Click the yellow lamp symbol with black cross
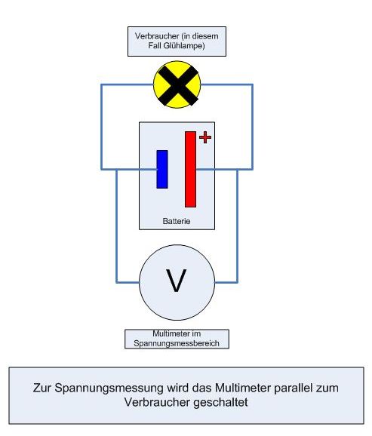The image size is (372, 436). (177, 84)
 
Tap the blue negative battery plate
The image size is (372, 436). (162, 169)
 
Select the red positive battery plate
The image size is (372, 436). (191, 169)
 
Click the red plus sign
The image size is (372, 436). (205, 137)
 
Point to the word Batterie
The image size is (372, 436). (177, 221)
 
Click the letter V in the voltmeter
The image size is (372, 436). (177, 281)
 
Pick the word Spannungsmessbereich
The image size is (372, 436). (177, 343)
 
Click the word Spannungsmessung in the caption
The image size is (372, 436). (109, 388)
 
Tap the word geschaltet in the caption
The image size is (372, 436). (220, 402)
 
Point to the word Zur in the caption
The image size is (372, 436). (42, 388)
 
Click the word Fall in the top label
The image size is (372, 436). (154, 45)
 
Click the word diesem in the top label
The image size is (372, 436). (205, 36)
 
